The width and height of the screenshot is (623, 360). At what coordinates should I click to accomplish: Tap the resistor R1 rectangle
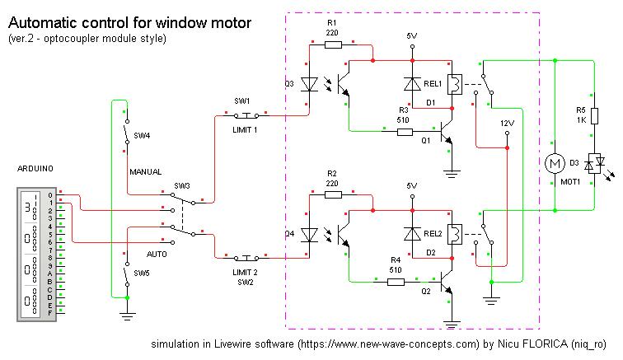334,45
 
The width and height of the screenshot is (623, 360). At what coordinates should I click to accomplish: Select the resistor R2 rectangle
334,195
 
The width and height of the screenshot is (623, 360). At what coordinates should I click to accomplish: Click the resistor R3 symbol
404,130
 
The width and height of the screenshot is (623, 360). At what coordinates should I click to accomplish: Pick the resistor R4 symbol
396,281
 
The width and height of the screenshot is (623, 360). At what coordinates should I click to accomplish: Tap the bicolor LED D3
593,167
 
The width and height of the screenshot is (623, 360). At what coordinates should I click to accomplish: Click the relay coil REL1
452,83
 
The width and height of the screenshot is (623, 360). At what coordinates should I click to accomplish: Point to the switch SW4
126,136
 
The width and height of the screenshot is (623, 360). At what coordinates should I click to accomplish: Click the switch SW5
126,273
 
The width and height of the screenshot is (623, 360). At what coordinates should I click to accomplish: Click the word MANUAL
145,172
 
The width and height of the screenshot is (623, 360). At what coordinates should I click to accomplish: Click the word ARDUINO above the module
35,168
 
